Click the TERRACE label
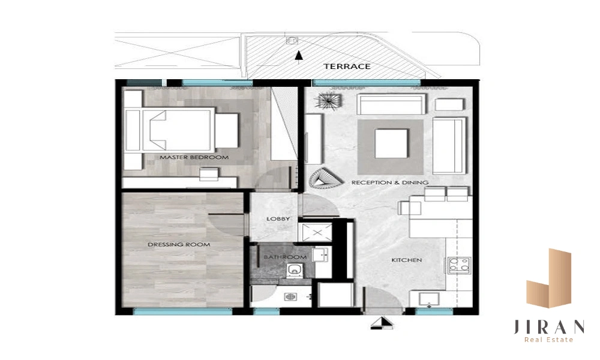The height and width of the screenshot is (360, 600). point(347,66)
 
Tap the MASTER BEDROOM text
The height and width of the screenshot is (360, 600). point(194,157)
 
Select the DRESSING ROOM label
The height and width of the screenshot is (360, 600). point(179,244)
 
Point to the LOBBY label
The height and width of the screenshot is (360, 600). point(278,219)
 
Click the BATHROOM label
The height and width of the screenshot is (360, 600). point(285,257)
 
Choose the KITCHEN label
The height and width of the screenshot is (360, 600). point(407,260)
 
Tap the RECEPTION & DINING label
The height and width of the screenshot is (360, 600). point(390,182)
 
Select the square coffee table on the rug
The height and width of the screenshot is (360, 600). point(391,143)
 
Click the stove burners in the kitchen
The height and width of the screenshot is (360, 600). point(459,265)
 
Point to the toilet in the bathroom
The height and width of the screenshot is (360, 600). point(294,271)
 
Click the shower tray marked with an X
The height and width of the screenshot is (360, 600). point(317,232)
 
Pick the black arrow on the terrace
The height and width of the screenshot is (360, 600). point(299,55)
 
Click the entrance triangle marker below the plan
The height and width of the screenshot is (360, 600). point(382,323)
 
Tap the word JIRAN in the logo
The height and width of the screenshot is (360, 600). point(549,327)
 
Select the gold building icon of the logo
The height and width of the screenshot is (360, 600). point(549,278)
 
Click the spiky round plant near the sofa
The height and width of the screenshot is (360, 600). point(328,101)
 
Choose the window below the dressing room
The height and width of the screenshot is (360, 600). point(182,311)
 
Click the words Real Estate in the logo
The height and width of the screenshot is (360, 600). point(549,340)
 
